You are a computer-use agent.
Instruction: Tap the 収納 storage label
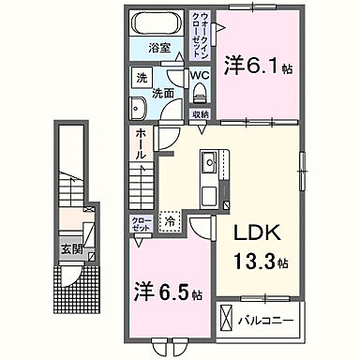[201, 114]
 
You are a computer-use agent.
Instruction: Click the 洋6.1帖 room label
[254, 68]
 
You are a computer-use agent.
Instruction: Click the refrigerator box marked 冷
[170, 222]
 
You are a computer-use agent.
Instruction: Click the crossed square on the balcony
[228, 319]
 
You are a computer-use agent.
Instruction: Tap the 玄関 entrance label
[74, 250]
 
